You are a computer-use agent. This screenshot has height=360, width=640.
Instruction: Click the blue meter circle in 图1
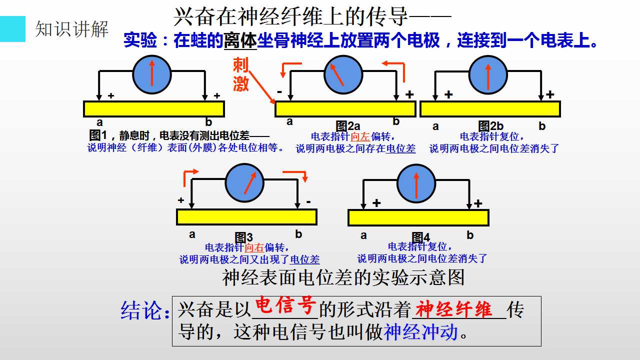coord(152,74)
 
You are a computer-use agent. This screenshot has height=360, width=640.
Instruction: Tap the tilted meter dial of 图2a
coord(343,74)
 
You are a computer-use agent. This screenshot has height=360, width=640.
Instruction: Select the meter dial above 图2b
coord(488,74)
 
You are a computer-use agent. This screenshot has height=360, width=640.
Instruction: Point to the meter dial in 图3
coord(244,183)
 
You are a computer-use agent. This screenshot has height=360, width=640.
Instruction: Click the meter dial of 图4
coord(416,183)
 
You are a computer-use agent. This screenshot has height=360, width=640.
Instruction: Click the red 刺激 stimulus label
coord(240,74)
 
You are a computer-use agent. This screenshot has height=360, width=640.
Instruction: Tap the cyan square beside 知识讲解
coord(12,29)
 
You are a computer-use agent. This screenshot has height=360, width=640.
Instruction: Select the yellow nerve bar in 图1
coord(154,109)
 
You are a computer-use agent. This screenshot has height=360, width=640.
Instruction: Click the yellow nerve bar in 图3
coord(246,217)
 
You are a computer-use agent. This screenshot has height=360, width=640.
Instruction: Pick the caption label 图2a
coord(347,126)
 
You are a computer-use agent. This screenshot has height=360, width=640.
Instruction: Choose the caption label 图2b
coord(490,126)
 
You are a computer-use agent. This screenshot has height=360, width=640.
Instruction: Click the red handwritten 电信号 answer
coord(285,305)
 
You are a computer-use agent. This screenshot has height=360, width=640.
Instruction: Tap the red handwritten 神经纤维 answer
coord(453,309)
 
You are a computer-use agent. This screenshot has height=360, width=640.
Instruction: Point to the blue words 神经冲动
coord(421,332)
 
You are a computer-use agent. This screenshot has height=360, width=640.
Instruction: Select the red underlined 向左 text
coord(360,137)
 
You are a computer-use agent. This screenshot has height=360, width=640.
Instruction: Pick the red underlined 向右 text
coord(254,247)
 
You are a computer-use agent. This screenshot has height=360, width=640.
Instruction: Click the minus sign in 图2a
coord(279,91)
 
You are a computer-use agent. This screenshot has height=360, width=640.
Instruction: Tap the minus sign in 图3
coord(308,201)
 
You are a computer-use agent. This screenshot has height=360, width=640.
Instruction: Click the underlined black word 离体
coord(240,40)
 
